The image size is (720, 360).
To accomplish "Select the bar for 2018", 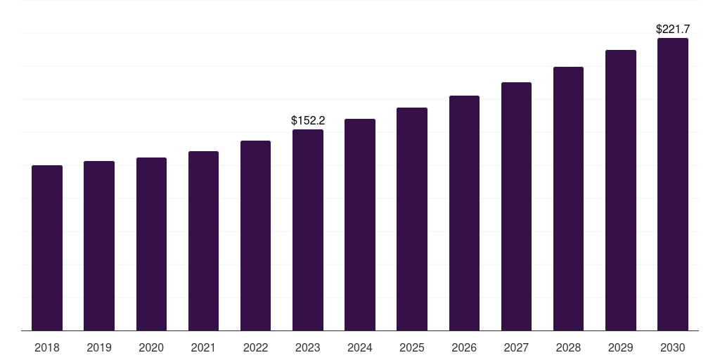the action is pos(47,248).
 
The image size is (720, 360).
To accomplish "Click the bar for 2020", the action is pos(152,244).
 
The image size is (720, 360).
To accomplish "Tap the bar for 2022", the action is pos(255,236).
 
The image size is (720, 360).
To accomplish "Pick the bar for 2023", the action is pos(308,230).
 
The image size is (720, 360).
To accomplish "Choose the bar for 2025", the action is pos(412,219).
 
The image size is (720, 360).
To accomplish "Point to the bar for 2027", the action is pos(516,207).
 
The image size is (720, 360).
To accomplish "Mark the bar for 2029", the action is pos(621,190).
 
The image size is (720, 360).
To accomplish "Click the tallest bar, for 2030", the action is pos(673,184).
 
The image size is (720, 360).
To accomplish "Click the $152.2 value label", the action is pos(308,121).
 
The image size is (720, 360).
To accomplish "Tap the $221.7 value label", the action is pos(673,30).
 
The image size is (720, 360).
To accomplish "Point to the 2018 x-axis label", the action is pos(47,348).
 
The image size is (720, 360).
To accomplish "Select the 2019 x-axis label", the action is pos(99,348).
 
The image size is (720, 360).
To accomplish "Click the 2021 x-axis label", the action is pos(203,348).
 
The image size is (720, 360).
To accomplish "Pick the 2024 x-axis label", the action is pos(360,348).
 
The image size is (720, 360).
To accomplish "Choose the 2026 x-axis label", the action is pos(464,348).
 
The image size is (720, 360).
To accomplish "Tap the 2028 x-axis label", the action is pos(568,348).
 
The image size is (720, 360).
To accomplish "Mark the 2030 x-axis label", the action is pos(673,348).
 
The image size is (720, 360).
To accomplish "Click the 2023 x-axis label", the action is pos(308,348).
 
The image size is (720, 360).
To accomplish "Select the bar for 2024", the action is pos(360,224).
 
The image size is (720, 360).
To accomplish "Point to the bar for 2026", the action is pos(464,213).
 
